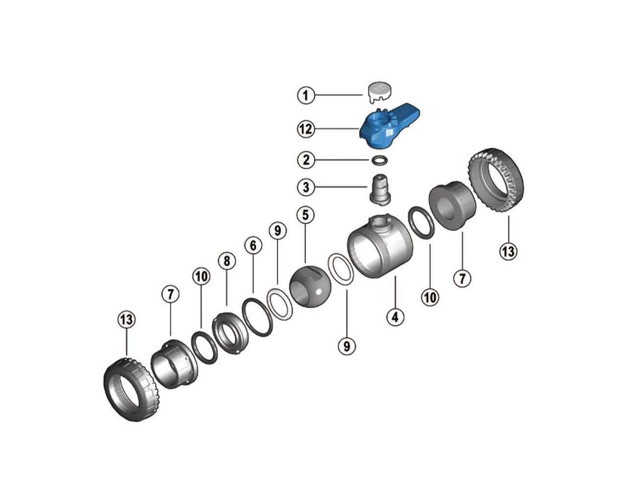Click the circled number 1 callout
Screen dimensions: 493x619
306,94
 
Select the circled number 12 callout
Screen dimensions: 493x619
306,129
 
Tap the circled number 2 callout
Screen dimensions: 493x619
306,159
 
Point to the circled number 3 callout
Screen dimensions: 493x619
306,187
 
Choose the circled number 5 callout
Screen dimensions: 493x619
306,215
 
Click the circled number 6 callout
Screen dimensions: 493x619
253,246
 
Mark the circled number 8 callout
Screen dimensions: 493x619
227,261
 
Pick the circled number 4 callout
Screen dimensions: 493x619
395,317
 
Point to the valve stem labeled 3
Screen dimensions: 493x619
380,189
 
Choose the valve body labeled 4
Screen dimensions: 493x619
379,249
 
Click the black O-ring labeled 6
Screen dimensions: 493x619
257,318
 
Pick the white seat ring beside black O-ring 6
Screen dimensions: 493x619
280,304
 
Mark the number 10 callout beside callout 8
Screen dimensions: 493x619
201,277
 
